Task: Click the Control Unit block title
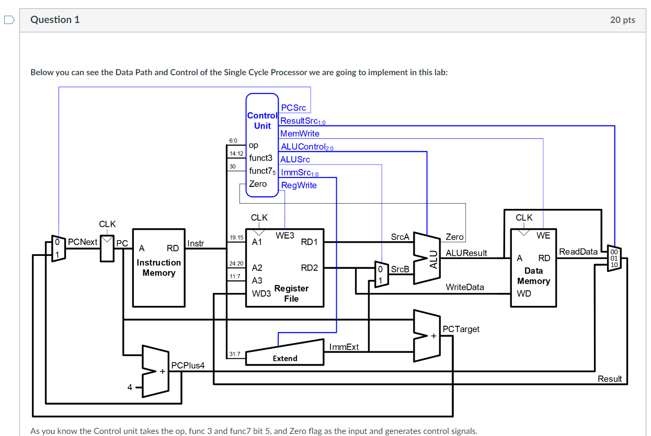tap(262, 121)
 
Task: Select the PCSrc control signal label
tap(293, 108)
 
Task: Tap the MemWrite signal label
tap(300, 134)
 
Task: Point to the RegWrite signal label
tap(299, 185)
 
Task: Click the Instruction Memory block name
tap(158, 267)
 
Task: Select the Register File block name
tap(291, 293)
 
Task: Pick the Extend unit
tap(285, 358)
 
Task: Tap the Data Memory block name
tap(533, 276)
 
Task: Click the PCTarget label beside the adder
tap(461, 329)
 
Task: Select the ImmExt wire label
tap(344, 347)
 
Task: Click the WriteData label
tap(464, 287)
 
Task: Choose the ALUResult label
tap(466, 253)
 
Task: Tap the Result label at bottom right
tap(610, 379)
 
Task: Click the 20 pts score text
tap(622, 20)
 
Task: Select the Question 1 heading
tap(55, 20)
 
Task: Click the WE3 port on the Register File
tap(285, 236)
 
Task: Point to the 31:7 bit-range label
tap(235, 355)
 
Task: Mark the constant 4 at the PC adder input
tap(130, 387)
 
